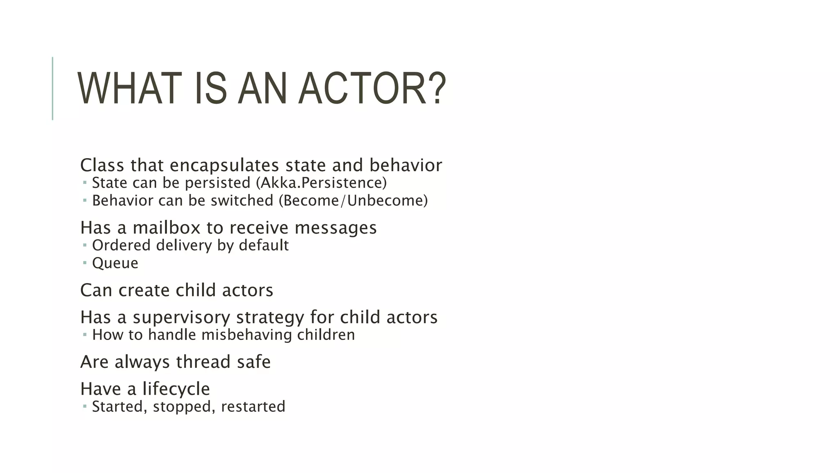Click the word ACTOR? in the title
tap(372, 88)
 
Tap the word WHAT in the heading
tap(129, 88)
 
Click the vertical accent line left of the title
tap(52, 88)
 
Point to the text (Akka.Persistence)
tap(321, 183)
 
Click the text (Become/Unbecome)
tap(353, 201)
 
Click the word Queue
tap(115, 263)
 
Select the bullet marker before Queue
tap(84, 262)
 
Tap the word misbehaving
tap(247, 335)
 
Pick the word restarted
tap(253, 407)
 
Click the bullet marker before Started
tap(84, 406)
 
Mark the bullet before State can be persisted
tap(84, 182)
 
